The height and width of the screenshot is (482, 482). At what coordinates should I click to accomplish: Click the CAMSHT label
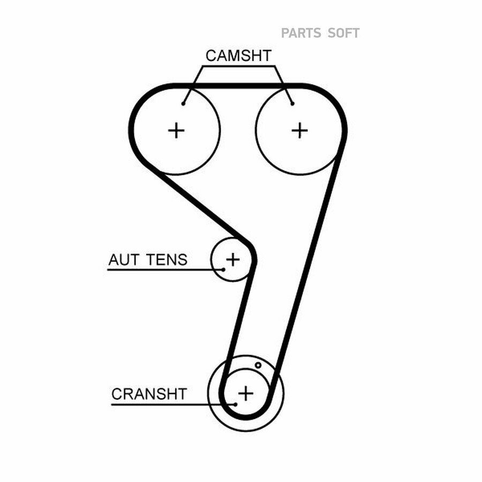238,56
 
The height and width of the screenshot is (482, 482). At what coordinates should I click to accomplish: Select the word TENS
167,260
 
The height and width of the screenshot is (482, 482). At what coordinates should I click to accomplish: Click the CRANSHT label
149,394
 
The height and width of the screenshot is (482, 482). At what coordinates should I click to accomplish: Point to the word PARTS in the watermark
301,33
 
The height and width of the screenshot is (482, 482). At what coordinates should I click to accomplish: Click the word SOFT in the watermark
343,33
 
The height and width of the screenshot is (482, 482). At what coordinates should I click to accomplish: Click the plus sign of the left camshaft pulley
176,131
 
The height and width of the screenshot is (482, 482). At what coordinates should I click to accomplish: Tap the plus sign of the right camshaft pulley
299,131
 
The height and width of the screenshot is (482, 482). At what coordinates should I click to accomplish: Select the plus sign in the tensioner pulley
233,259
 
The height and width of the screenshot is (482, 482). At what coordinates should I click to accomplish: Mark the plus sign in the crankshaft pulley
246,393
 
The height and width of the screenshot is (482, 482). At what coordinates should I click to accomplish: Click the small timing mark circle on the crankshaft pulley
258,365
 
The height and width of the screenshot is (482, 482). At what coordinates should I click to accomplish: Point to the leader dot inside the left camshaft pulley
183,104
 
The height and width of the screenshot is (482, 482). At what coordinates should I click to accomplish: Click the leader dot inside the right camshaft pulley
292,104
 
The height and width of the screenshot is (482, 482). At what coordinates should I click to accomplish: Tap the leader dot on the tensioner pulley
223,269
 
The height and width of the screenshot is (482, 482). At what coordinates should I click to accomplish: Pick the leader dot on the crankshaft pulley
236,404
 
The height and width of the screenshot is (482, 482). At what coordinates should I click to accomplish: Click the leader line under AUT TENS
165,269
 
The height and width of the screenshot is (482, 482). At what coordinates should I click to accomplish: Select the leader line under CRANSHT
173,404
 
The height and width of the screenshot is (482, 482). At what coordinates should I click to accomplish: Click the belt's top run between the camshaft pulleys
238,86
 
